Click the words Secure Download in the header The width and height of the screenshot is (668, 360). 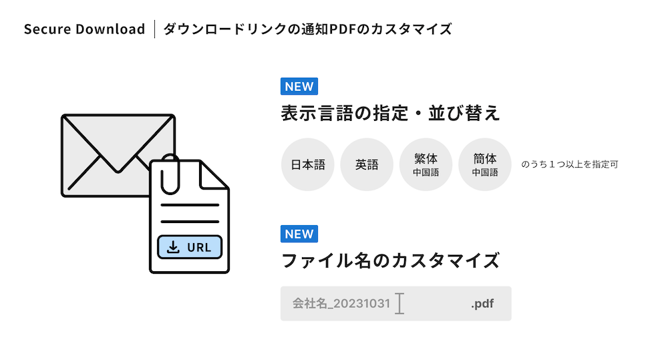pyautogui.click(x=84, y=29)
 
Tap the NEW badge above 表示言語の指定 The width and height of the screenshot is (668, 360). pyautogui.click(x=299, y=86)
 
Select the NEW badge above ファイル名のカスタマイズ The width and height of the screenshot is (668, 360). pyautogui.click(x=299, y=234)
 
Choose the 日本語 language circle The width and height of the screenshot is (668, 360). pyautogui.click(x=307, y=164)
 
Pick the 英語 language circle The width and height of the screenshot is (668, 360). pyautogui.click(x=367, y=164)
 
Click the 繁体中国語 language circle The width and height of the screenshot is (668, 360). pyautogui.click(x=426, y=164)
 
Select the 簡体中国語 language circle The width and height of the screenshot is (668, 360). pyautogui.click(x=485, y=164)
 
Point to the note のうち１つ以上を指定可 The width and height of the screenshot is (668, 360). pyautogui.click(x=570, y=164)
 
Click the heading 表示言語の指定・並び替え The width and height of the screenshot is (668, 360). pyautogui.click(x=390, y=114)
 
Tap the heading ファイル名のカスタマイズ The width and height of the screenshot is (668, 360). pyautogui.click(x=390, y=260)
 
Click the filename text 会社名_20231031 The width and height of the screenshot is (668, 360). pyautogui.click(x=341, y=303)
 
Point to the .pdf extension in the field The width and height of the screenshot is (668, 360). pyautogui.click(x=482, y=304)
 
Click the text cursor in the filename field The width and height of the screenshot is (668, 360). pyautogui.click(x=399, y=303)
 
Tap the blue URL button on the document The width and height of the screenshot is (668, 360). pyautogui.click(x=190, y=247)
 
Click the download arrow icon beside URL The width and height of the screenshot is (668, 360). pyautogui.click(x=173, y=247)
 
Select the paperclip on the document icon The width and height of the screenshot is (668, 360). pyautogui.click(x=170, y=174)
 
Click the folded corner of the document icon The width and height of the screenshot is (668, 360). pyautogui.click(x=214, y=175)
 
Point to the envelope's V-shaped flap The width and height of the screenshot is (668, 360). pyautogui.click(x=118, y=144)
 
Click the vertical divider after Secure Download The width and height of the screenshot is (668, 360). pyautogui.click(x=155, y=29)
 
